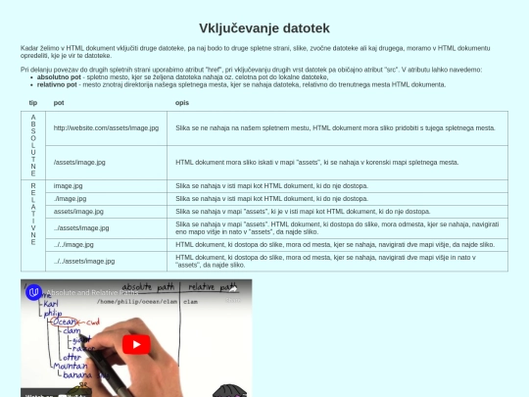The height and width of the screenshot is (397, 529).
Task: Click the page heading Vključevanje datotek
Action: point(264,27)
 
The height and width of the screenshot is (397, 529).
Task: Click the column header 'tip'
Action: point(32,102)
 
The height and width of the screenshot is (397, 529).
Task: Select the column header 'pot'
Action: point(59,102)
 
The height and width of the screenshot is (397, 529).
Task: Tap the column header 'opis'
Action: point(182,102)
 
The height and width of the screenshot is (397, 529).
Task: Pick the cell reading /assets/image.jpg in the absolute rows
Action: point(80,161)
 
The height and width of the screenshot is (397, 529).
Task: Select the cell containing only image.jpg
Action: point(69,185)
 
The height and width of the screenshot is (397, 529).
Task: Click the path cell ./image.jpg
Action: point(71,198)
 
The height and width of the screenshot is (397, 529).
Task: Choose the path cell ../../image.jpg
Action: point(74,244)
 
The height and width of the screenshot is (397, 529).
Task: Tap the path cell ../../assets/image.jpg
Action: point(84,261)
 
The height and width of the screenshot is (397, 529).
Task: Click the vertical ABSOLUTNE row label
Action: point(32,144)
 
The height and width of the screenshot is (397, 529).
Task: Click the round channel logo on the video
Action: point(34,292)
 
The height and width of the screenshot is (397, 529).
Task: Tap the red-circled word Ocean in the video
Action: point(67,321)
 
